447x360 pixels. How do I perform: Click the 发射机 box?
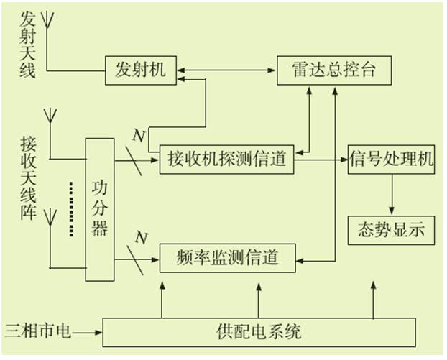[140, 69]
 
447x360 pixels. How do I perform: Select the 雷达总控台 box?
[336, 69]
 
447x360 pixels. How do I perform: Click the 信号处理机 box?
[392, 158]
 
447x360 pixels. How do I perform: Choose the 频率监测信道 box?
[227, 257]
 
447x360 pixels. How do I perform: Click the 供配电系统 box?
[259, 332]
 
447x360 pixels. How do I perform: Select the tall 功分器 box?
[99, 208]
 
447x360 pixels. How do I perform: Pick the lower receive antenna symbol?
[50, 218]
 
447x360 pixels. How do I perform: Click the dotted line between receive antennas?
[70, 208]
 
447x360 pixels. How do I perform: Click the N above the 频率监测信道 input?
[141, 236]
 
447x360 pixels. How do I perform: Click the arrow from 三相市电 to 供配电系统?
[89, 332]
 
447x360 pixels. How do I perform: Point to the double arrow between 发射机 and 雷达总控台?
[226, 70]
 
